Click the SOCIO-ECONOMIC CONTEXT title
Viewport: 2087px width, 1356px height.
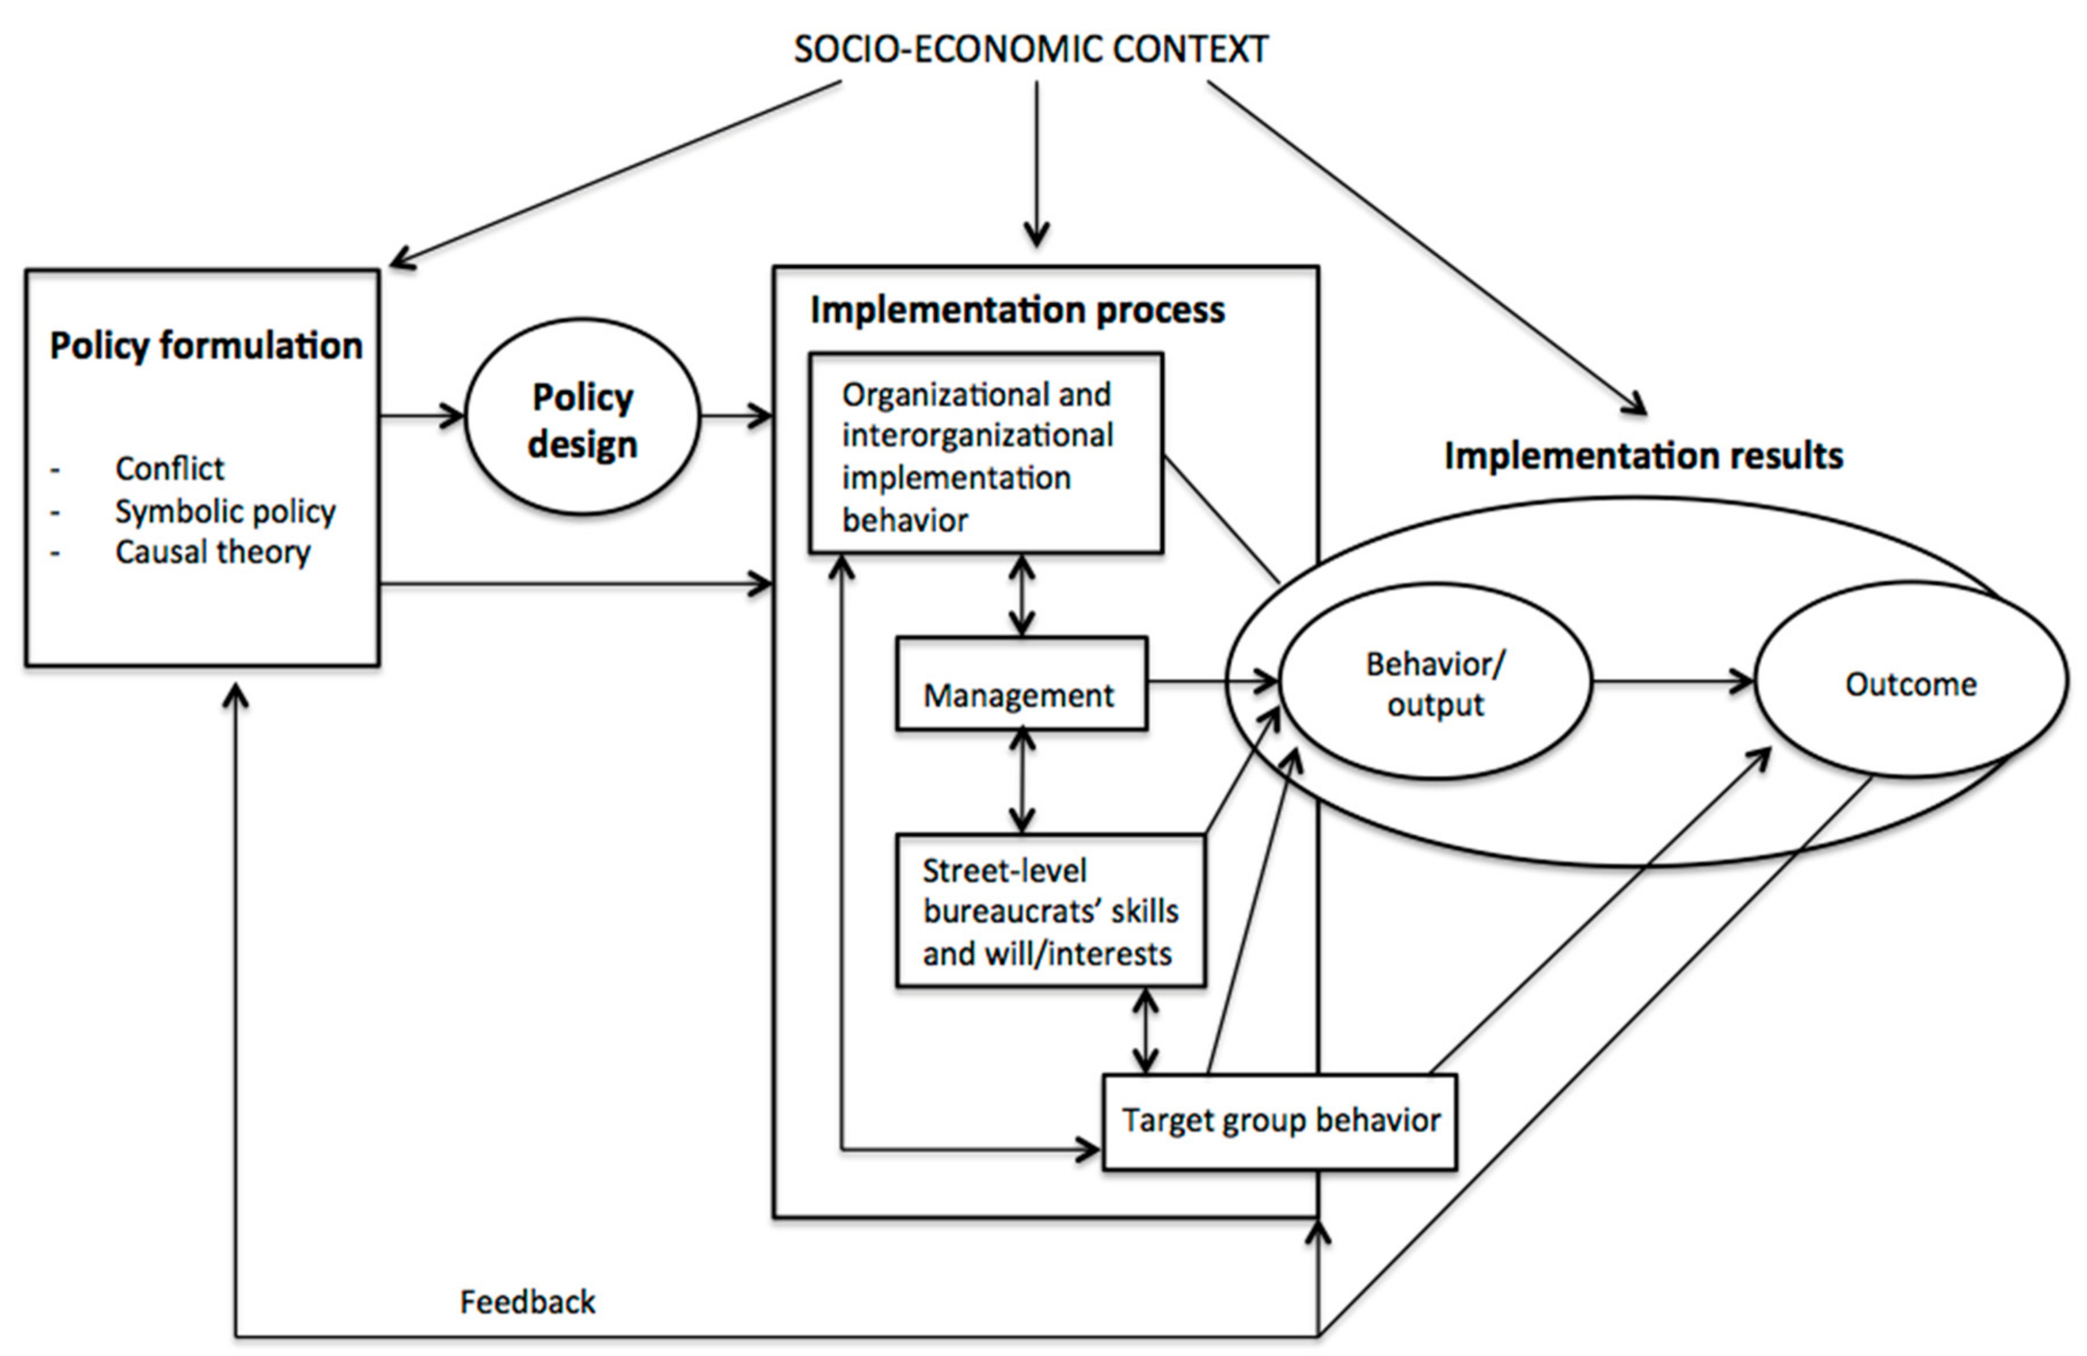pos(1031,50)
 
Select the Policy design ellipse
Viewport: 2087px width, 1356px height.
pos(582,418)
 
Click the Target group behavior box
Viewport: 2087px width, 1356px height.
pos(1279,1122)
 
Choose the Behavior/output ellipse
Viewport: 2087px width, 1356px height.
pos(1435,683)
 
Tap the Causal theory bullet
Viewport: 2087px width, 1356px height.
pos(213,552)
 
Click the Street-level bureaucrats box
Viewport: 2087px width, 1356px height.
pos(1050,911)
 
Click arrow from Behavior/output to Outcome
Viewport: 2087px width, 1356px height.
pos(1671,681)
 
